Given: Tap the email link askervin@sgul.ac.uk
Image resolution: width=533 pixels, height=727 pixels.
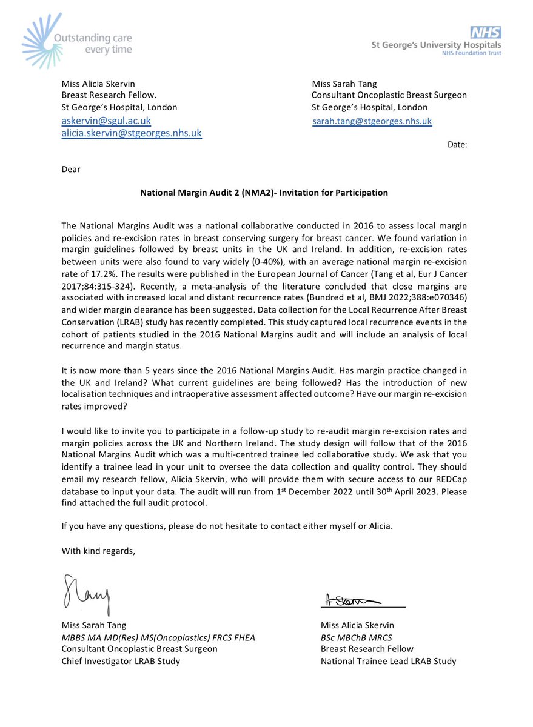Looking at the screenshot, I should coord(106,121).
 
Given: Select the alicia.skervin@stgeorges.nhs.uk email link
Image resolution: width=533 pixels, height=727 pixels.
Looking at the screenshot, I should coord(132,133).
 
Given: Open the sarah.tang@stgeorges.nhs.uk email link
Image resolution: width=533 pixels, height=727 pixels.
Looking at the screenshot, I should coord(372,121).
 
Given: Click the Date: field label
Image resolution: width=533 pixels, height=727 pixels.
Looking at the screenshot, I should coord(457,144).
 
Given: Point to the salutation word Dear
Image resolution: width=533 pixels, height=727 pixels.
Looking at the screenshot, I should coord(71,169).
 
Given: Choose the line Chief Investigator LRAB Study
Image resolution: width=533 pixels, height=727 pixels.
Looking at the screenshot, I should coord(121,661).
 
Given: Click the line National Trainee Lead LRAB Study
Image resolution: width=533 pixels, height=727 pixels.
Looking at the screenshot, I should coord(388,661).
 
